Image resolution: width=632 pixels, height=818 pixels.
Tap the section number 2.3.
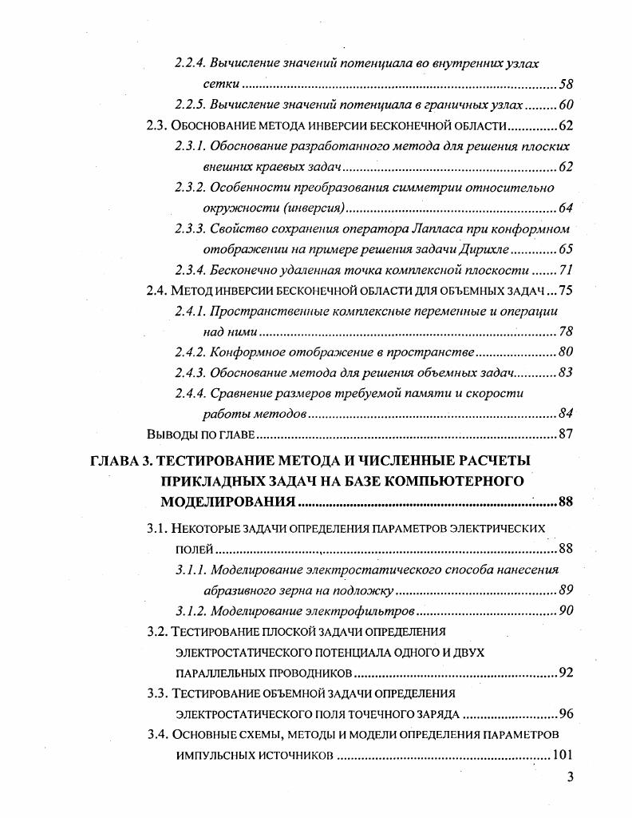click(x=157, y=126)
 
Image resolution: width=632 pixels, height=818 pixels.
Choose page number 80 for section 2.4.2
click(x=566, y=352)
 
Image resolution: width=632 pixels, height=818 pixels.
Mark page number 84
click(x=566, y=414)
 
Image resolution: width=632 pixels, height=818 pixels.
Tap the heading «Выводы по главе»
click(x=200, y=435)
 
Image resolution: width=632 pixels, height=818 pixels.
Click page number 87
click(x=566, y=435)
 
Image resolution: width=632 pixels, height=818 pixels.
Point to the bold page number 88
click(x=566, y=502)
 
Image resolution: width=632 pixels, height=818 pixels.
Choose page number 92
click(x=566, y=673)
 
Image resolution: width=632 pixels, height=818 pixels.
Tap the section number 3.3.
click(x=157, y=693)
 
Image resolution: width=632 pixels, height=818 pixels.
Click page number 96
click(x=566, y=714)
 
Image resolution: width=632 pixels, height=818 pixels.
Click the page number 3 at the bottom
click(x=570, y=777)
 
